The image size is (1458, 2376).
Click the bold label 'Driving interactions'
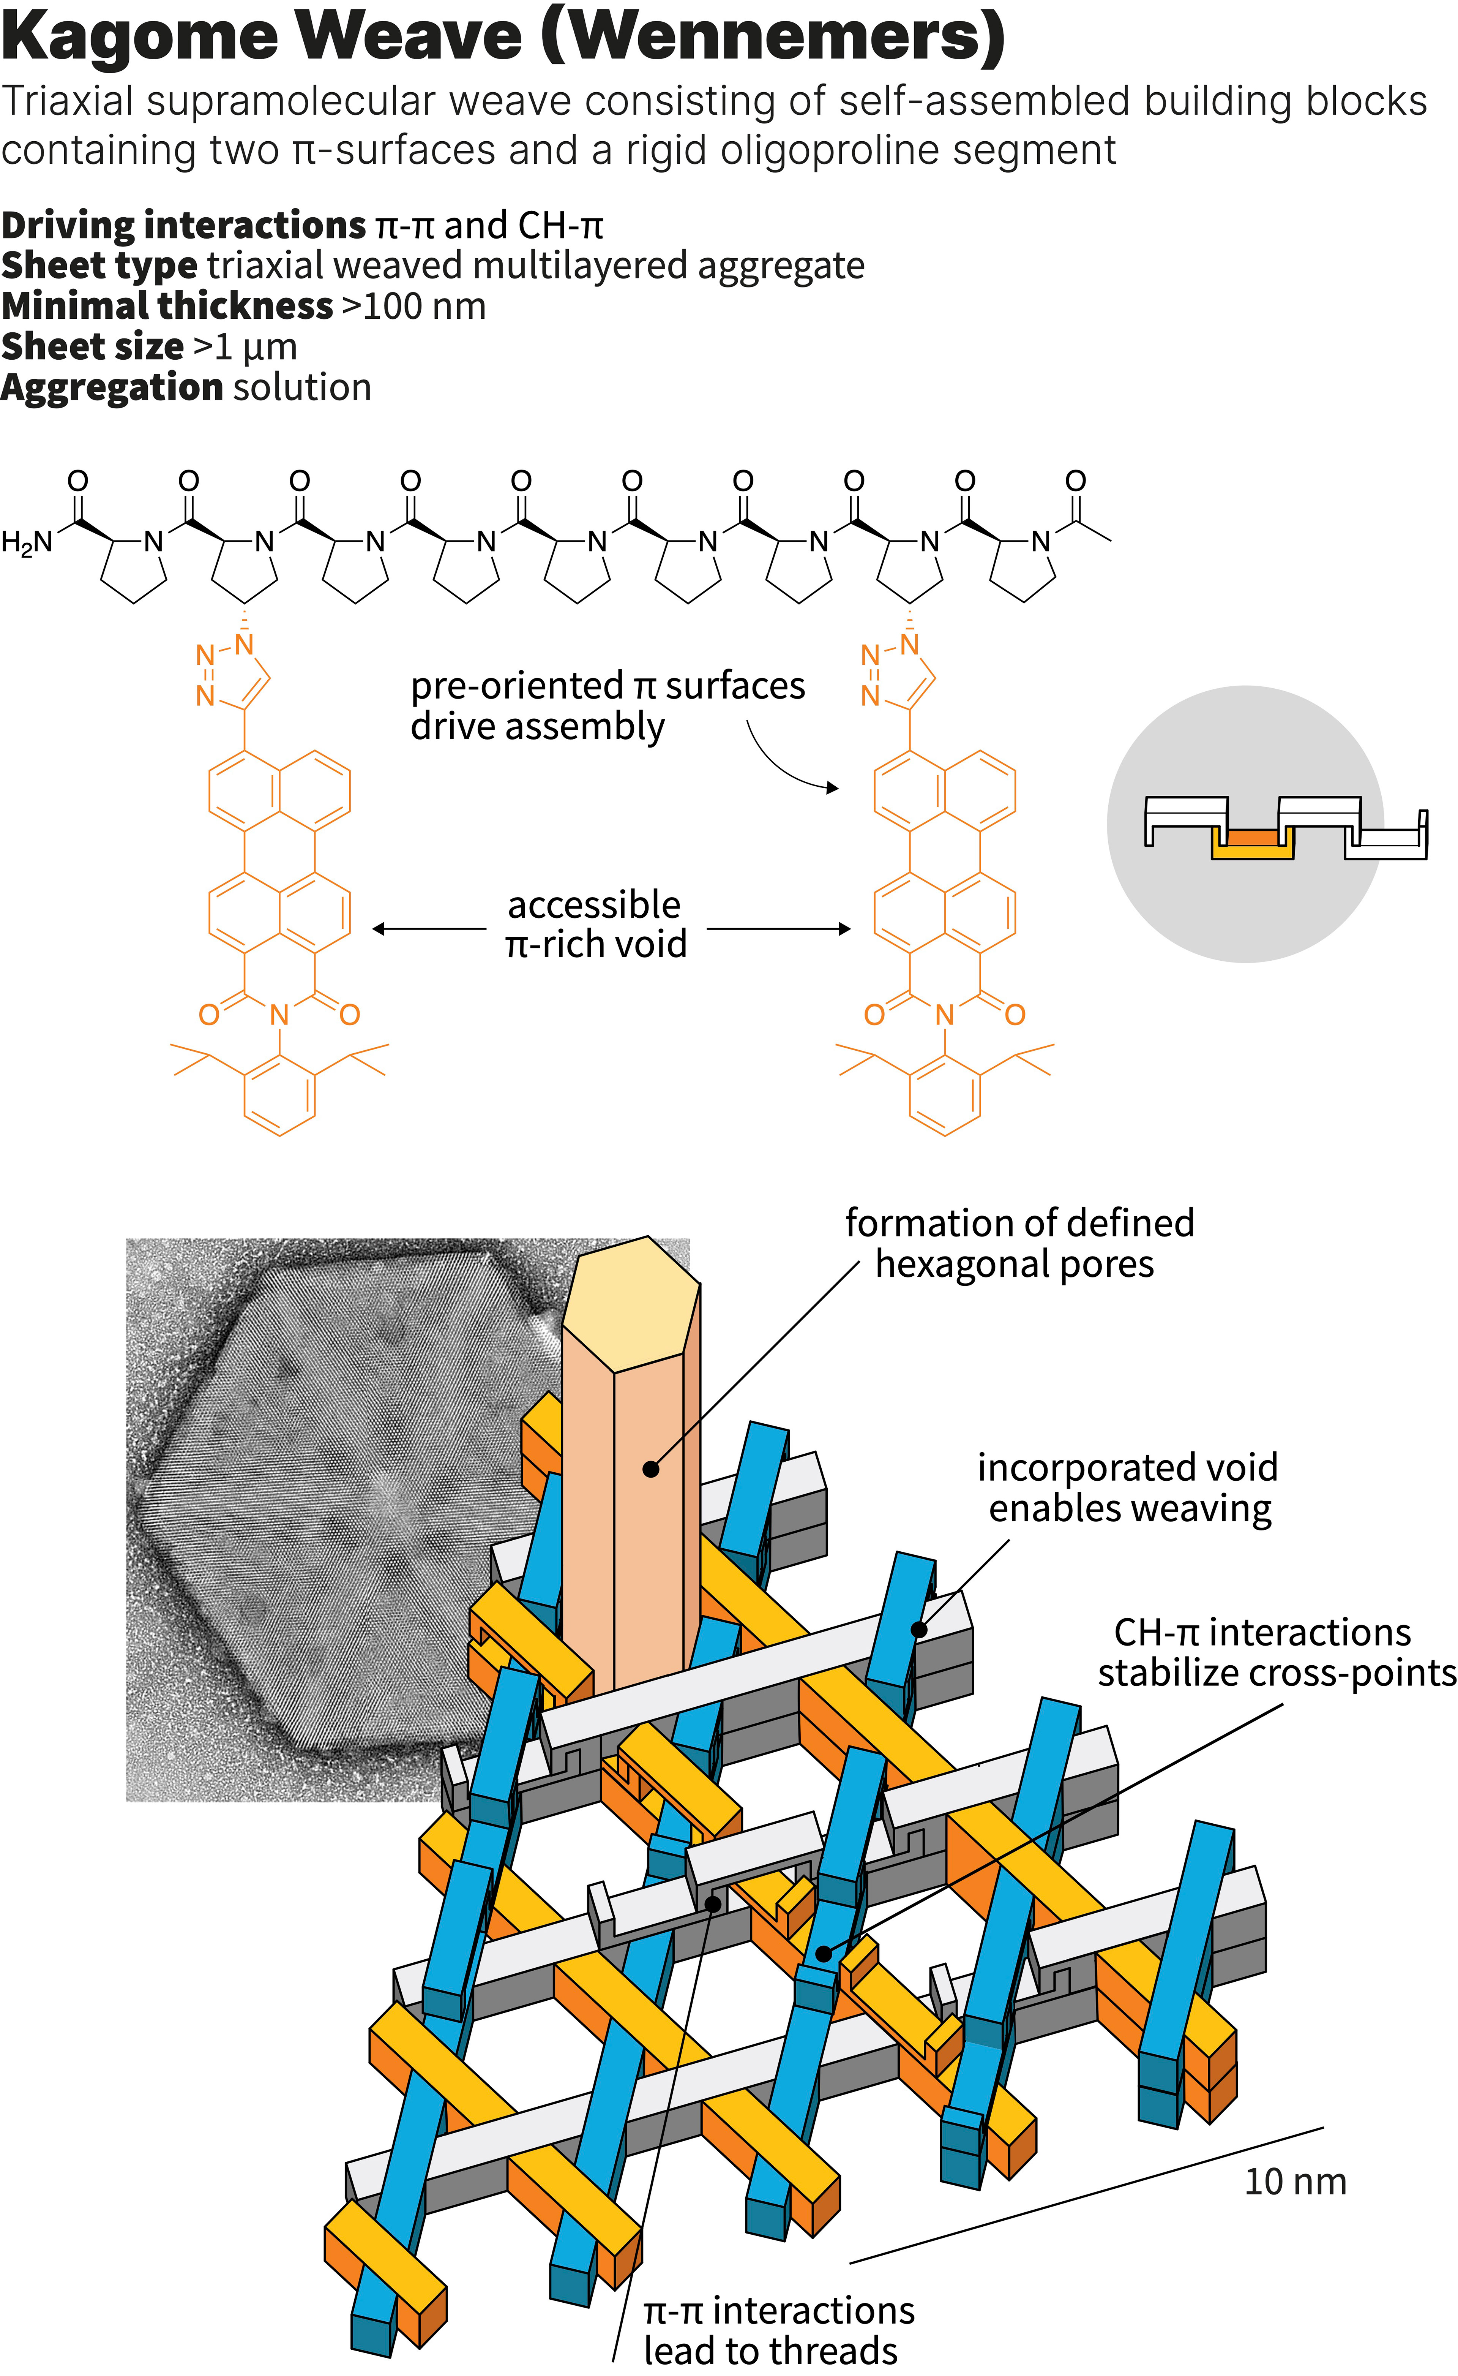click(x=183, y=226)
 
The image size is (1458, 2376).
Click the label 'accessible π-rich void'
click(x=595, y=924)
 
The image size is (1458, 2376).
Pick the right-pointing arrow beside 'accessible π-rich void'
click(x=779, y=929)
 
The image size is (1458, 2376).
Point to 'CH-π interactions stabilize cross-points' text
click(x=1273, y=1652)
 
